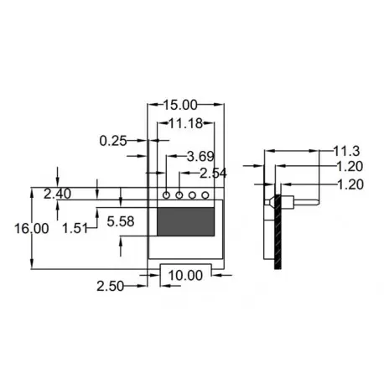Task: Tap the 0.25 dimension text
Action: [112, 142]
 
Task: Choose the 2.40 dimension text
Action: [58, 194]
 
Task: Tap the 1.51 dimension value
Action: [77, 227]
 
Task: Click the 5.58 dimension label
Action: [122, 221]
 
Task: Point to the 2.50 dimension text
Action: [111, 286]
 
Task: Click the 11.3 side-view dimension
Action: [346, 152]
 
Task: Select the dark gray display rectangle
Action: [185, 221]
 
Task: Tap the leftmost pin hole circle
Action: [166, 195]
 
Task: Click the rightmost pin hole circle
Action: [206, 195]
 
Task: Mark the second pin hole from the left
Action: [179, 195]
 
